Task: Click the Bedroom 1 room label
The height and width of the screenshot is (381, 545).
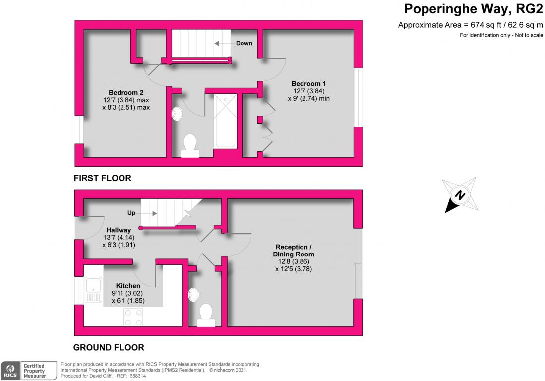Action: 308,84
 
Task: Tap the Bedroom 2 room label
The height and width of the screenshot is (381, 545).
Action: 126,92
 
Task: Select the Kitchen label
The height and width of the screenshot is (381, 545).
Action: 128,286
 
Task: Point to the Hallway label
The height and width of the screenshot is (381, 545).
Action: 119,230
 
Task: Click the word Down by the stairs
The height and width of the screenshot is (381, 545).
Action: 244,43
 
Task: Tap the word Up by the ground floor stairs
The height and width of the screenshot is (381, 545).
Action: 131,213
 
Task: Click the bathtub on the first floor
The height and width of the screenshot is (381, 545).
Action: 226,121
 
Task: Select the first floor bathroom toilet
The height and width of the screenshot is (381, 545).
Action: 190,146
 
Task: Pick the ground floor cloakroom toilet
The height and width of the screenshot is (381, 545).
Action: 206,316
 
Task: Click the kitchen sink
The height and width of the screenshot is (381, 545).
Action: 94,290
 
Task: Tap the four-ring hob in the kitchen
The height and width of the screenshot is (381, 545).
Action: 133,317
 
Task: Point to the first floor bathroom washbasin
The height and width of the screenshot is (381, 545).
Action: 177,113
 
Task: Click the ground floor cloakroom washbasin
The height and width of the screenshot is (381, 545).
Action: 193,295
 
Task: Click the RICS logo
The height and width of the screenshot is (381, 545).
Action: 11,371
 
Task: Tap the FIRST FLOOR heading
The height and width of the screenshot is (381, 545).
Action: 103,178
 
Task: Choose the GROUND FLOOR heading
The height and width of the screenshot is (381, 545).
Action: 109,347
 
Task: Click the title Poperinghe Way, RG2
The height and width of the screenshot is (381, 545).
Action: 473,9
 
